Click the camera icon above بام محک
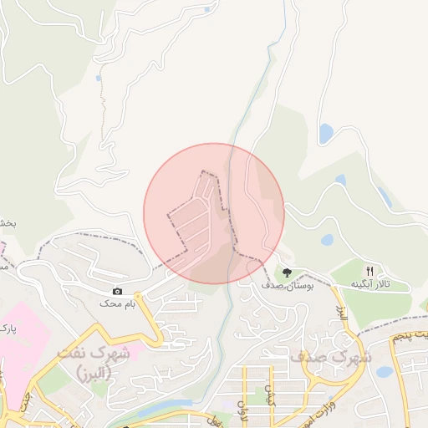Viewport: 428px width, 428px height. coord(117,291)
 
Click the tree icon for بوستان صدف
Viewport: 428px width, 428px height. coord(287,273)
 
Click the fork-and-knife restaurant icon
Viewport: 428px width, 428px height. coord(369,271)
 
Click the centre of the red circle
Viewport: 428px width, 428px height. coord(214,213)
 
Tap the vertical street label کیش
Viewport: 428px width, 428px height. coord(270,393)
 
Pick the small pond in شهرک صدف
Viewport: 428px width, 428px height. coord(384,371)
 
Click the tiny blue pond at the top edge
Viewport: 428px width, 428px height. coord(206,10)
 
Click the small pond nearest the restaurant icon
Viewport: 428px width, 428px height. coord(327,239)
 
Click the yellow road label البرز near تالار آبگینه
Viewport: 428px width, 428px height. coord(342,316)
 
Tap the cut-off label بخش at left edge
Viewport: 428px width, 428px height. coord(8,224)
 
